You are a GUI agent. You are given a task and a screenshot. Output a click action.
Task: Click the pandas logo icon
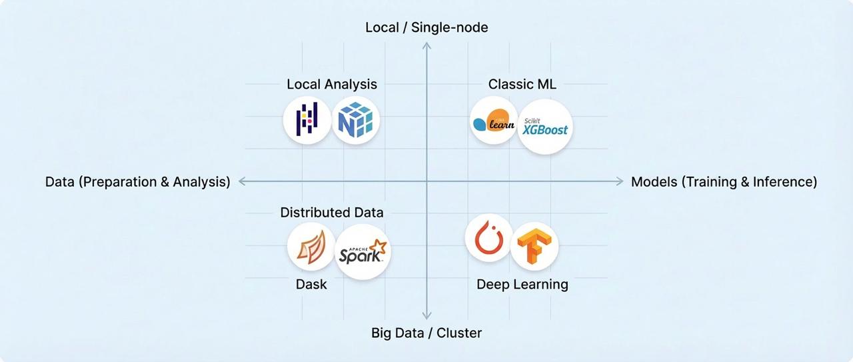click(x=307, y=120)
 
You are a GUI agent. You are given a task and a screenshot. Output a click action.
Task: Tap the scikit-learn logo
click(x=494, y=121)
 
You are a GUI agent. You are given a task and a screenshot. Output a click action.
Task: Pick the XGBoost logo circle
click(x=545, y=127)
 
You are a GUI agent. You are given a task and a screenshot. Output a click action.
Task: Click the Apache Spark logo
click(x=363, y=251)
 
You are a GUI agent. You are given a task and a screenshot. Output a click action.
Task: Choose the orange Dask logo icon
click(x=311, y=245)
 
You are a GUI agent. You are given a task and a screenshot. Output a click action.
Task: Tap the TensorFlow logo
click(x=534, y=246)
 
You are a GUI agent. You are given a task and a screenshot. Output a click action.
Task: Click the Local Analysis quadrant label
click(x=332, y=85)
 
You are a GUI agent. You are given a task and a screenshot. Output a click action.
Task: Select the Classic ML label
click(x=522, y=85)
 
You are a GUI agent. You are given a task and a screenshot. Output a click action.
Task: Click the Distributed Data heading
click(x=332, y=213)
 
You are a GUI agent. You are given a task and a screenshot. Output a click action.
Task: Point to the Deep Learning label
click(x=522, y=285)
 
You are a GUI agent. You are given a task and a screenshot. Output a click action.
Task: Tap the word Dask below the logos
click(x=311, y=285)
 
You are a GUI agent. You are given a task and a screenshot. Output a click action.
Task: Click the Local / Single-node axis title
click(x=426, y=27)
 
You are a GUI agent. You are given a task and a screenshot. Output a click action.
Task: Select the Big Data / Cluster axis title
click(x=426, y=333)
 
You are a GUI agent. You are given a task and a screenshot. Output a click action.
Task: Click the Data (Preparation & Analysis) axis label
click(x=138, y=181)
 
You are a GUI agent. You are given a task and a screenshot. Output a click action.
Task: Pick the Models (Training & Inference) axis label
click(x=724, y=181)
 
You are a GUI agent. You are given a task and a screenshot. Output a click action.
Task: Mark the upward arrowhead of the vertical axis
click(x=426, y=45)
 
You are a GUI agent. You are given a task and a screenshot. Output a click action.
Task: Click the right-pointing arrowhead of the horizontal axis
click(x=619, y=181)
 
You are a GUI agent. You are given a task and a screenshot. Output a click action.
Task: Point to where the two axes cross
click(x=426, y=181)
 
